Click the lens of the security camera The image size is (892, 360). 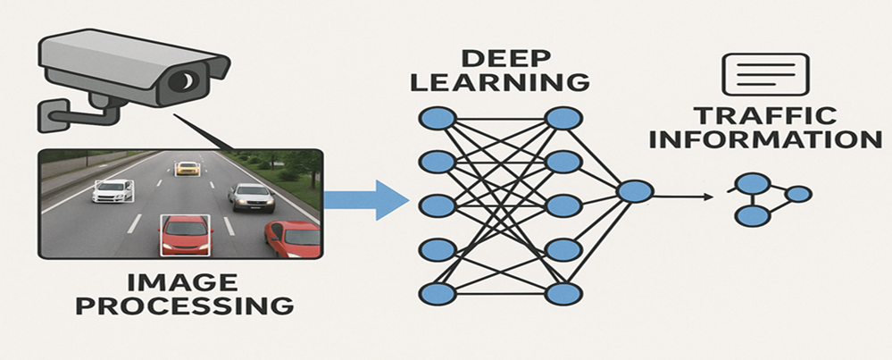click(x=186, y=83)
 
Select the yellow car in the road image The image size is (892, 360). click(x=188, y=167)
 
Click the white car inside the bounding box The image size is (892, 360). click(x=113, y=190)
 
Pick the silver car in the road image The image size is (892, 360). click(x=251, y=197)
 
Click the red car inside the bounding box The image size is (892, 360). click(x=184, y=234)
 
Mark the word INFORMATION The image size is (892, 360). click(x=774, y=140)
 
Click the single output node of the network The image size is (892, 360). click(x=635, y=192)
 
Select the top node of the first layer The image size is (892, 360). click(x=438, y=118)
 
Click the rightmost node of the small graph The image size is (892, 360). click(x=799, y=194)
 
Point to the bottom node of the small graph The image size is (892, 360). click(x=752, y=216)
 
